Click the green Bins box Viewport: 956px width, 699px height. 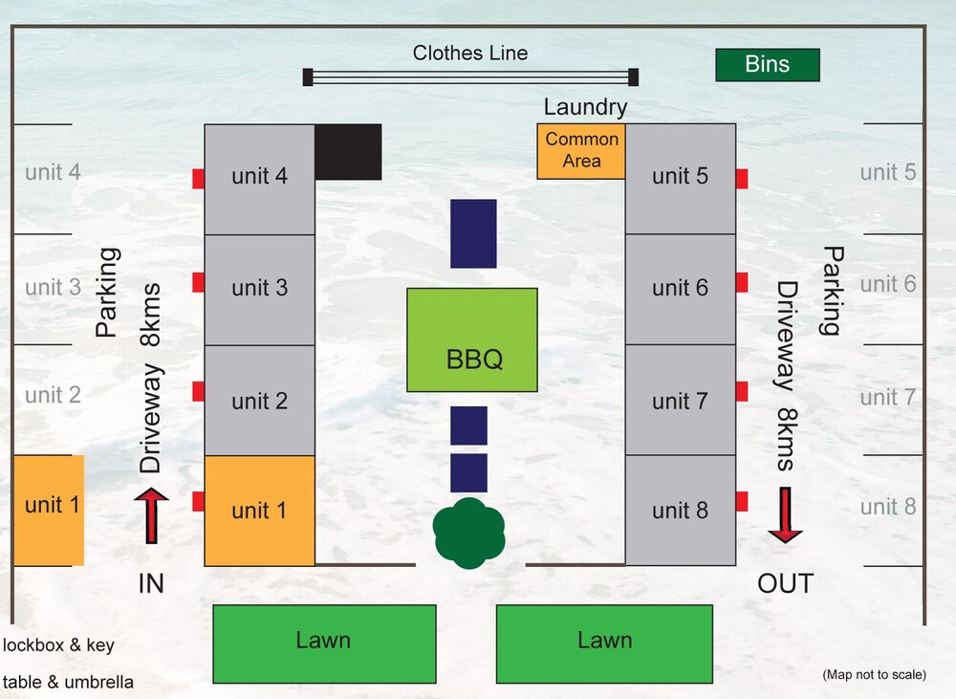click(768, 65)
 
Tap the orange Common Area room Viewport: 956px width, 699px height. click(581, 151)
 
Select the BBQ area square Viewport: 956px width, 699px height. click(472, 339)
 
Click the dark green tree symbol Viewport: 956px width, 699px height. click(468, 534)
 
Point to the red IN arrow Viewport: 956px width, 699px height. click(151, 515)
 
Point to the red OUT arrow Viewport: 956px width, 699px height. click(785, 514)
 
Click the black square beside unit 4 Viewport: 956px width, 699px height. click(349, 151)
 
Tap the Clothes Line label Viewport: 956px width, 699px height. click(469, 54)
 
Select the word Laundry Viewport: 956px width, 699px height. click(585, 107)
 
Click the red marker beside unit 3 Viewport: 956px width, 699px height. click(199, 282)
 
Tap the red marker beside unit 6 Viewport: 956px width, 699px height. click(741, 282)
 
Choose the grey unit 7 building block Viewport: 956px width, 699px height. click(680, 400)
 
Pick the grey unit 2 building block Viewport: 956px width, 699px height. click(259, 400)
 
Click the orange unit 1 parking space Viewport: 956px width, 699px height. click(48, 510)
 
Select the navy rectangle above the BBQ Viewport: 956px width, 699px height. click(473, 233)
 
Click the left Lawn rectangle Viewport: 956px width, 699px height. click(324, 644)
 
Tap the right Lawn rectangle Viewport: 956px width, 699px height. click(605, 644)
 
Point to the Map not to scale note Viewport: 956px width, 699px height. click(874, 675)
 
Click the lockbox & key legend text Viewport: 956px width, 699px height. click(58, 645)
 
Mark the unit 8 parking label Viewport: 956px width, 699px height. click(888, 508)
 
